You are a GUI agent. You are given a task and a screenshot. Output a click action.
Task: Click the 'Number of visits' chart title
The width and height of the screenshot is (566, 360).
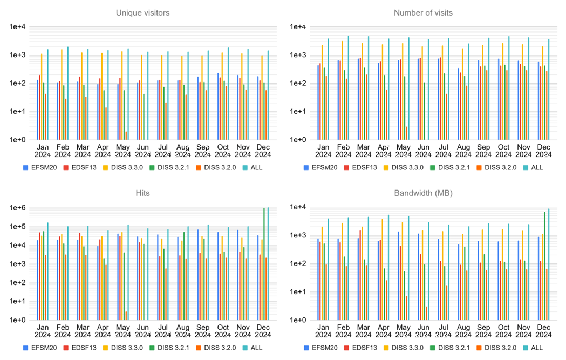pyautogui.click(x=423, y=12)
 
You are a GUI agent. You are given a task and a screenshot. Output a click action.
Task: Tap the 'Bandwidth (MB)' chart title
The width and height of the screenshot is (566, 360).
pyautogui.click(x=423, y=193)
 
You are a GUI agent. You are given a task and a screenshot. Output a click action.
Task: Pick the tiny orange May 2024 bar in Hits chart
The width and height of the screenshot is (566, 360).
pyautogui.click(x=126, y=316)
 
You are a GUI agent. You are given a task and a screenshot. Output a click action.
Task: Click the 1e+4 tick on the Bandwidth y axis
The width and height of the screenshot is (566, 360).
pyautogui.click(x=298, y=208)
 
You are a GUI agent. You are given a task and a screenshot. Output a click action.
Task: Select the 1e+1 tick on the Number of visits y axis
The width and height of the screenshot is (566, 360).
pyautogui.click(x=298, y=112)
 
